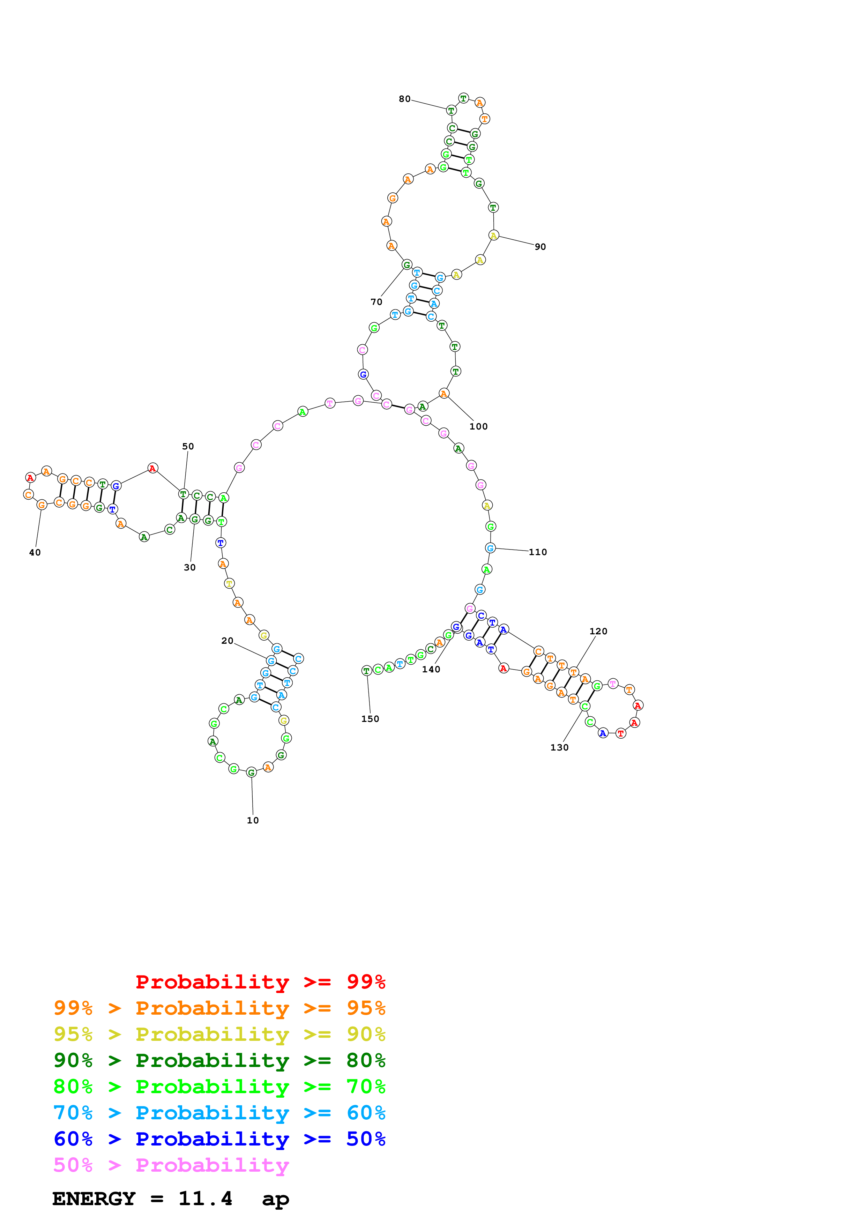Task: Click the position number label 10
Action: pos(253,820)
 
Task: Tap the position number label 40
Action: pos(35,553)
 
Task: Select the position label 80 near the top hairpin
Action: pos(404,99)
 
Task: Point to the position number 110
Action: pos(538,552)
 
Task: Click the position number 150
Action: pos(370,719)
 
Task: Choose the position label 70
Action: pos(376,302)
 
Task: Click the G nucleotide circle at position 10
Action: pos(251,773)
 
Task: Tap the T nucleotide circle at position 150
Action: pos(366,671)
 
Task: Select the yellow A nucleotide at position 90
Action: pos(493,236)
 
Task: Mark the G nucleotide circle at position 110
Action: pos(490,548)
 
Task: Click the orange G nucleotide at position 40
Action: pos(42,505)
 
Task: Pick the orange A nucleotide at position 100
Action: pos(443,394)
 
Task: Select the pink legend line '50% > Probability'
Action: pos(171,1165)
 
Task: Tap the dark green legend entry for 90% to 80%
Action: pos(219,1061)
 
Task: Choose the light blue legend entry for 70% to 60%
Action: pos(219,1113)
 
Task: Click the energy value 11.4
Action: pos(205,1199)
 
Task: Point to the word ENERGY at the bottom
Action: pos(94,1199)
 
